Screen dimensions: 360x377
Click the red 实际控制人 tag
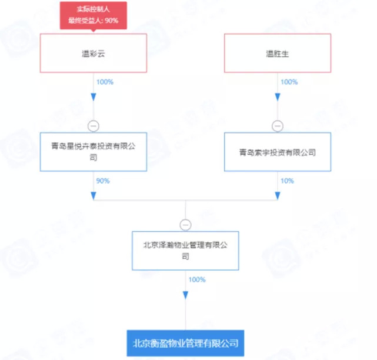93,15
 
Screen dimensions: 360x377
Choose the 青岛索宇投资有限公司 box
278,152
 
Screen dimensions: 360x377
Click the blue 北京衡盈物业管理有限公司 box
185,343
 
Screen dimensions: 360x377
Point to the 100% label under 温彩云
105,82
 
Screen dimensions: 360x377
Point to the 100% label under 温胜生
289,82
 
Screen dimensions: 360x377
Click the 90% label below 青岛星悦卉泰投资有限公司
104,180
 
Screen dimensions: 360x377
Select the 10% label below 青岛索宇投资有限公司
288,180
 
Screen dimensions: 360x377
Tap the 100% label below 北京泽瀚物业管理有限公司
197,279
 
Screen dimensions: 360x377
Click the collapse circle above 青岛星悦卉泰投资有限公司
93,125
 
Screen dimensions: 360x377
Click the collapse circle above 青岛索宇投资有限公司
278,125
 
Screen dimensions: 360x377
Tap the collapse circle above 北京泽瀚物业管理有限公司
185,224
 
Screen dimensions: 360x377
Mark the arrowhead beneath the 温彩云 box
93,96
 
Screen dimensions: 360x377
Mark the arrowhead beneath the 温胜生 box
278,96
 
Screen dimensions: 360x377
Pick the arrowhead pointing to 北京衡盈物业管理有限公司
185,295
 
